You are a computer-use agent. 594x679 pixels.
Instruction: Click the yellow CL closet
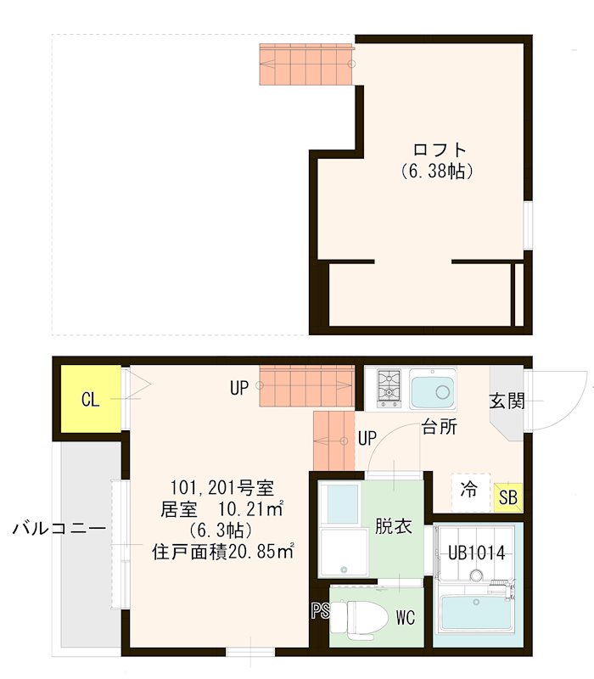(x=89, y=399)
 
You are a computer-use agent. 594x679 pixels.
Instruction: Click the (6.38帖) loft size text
(x=436, y=171)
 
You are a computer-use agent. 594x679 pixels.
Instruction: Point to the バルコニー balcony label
(x=59, y=529)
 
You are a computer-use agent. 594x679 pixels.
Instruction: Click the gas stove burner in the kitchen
(x=389, y=387)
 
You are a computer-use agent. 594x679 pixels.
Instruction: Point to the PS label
(x=320, y=609)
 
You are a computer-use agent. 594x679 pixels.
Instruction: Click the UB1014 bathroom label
(x=477, y=553)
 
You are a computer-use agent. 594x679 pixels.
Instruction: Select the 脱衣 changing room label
(x=394, y=525)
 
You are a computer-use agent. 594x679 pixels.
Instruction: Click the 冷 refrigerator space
(x=468, y=491)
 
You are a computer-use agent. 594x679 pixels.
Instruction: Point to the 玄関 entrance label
(x=507, y=399)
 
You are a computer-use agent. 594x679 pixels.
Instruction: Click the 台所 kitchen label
(x=440, y=427)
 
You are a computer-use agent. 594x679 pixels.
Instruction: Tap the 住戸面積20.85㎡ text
(x=222, y=549)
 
